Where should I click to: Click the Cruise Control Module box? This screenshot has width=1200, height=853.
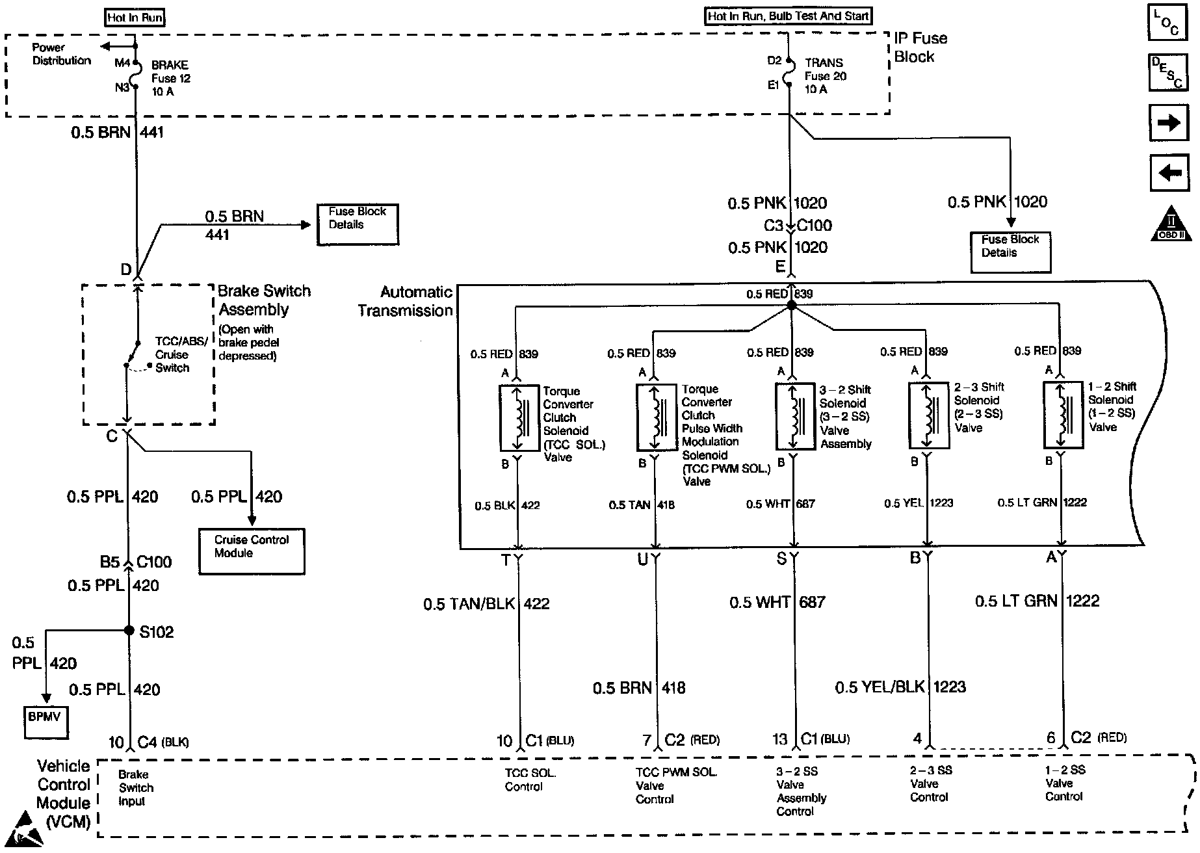252,551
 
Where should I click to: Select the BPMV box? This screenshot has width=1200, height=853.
46,722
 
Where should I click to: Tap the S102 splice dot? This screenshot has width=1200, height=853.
129,631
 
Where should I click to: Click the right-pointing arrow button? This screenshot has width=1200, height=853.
1169,122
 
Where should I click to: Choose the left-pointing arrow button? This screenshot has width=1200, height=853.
1169,172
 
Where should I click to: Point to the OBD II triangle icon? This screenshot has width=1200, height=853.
1173,224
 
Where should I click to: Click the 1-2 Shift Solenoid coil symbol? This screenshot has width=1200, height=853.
1063,415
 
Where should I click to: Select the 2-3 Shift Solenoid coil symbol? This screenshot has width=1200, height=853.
928,415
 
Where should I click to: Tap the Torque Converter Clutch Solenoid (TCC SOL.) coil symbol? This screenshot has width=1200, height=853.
519,417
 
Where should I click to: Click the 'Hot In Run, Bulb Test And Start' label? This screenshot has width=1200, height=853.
788,16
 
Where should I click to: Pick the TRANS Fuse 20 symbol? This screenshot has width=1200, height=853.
789,72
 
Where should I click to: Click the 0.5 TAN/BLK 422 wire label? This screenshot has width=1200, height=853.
486,604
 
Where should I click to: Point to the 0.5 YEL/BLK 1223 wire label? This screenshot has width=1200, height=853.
900,687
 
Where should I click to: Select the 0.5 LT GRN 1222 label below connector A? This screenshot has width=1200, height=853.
1037,601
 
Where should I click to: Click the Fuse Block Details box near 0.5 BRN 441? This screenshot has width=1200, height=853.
358,224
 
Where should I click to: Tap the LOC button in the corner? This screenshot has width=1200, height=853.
1169,24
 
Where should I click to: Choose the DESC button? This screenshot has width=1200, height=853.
1169,72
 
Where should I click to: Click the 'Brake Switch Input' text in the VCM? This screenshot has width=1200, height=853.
136,787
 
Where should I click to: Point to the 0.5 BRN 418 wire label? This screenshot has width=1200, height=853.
639,688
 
